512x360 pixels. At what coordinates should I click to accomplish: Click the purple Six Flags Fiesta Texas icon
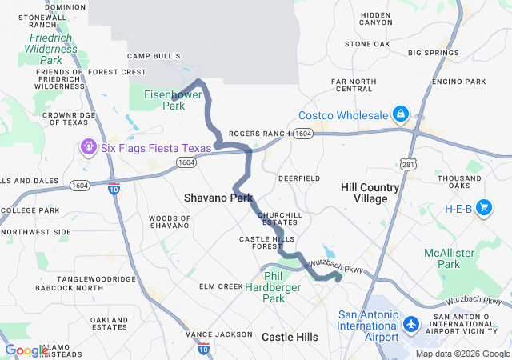coord(87,147)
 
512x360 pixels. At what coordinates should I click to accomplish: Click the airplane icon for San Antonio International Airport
coord(411,326)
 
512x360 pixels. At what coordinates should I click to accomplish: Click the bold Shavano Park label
coord(218,198)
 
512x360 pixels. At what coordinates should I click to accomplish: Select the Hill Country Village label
coord(370,193)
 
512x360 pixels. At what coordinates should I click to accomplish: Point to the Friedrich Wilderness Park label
coord(51,49)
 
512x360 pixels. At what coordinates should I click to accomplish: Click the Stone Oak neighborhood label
coord(367,43)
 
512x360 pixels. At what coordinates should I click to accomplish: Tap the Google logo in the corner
coord(26,350)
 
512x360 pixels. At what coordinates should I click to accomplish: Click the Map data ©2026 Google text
coord(462,354)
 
